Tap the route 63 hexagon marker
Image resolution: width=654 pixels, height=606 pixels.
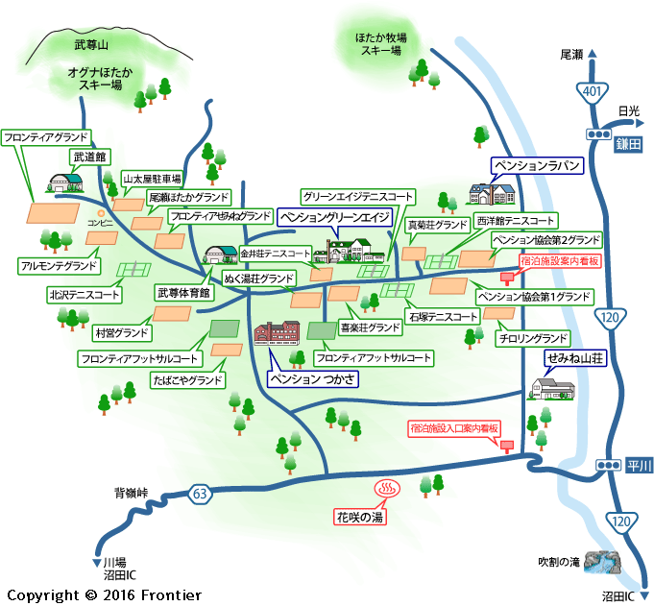coord(200,494)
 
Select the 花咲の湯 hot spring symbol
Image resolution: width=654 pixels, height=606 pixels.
coord(387,489)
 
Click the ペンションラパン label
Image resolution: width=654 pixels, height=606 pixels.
coord(537,165)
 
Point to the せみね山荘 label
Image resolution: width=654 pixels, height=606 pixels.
coord(575,358)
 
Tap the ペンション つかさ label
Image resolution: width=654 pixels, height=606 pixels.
coord(312,378)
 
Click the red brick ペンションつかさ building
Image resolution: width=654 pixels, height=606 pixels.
coord(277,333)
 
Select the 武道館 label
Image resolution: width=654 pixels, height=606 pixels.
coord(89,157)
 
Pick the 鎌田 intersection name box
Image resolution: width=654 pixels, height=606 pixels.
coord(628,144)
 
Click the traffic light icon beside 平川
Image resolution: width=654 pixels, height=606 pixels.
coord(608,465)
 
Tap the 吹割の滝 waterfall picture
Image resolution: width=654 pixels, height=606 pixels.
coord(602,562)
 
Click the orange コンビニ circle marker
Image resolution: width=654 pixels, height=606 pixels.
coord(101,214)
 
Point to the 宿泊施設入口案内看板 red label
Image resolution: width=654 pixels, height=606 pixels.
coord(454,428)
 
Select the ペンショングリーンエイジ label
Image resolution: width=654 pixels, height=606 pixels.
coord(334,217)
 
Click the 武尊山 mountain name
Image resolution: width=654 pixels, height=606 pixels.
coord(91,44)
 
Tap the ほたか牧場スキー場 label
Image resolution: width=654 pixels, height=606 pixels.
coord(381,44)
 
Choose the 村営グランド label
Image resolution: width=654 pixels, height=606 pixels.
coord(122,333)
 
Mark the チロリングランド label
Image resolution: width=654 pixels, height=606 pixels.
coord(533,338)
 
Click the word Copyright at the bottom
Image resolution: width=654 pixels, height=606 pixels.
coord(43,595)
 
